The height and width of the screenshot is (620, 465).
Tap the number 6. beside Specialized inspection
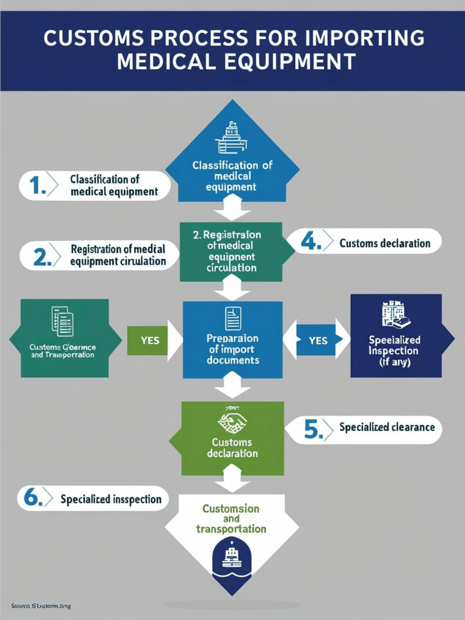pyautogui.click(x=33, y=498)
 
